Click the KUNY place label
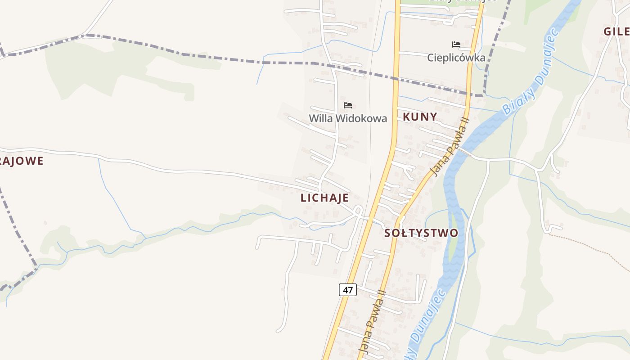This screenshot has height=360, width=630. click(x=419, y=117)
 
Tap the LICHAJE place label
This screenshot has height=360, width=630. click(x=324, y=198)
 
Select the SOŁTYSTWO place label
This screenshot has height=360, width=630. click(x=421, y=233)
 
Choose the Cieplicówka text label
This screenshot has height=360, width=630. click(x=456, y=58)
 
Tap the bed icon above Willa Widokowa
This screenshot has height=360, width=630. click(x=347, y=105)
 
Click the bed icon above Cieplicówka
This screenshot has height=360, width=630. click(x=456, y=45)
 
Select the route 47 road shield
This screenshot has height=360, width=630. click(x=347, y=290)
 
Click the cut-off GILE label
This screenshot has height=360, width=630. click(x=617, y=31)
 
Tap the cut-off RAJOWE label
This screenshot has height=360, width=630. click(x=22, y=161)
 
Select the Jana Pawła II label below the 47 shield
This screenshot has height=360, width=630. click(x=372, y=320)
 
